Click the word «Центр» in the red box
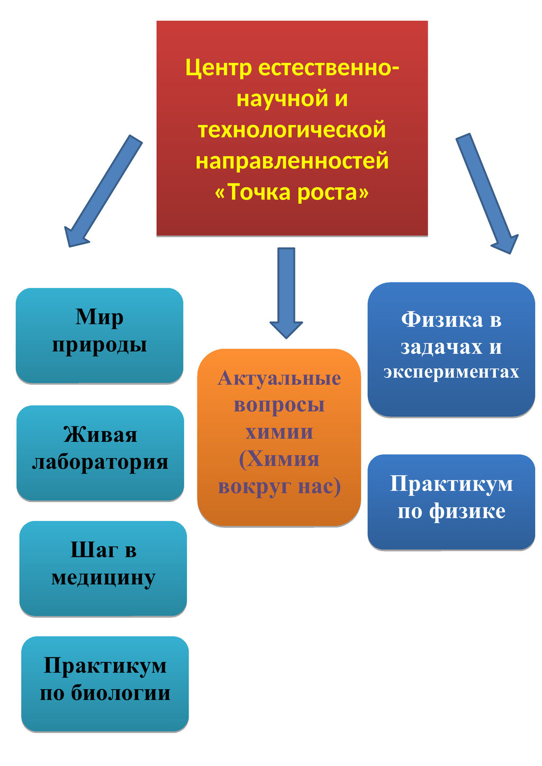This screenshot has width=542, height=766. tap(219, 68)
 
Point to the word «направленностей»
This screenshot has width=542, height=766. tap(292, 160)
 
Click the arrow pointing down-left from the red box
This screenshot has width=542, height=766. tap(103, 190)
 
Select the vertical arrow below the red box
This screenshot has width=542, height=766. tap(286, 293)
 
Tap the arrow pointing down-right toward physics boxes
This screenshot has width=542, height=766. tap(487, 194)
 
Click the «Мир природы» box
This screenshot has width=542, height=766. tap(100, 335)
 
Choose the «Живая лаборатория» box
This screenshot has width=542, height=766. tap(100, 453)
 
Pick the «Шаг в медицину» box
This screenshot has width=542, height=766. tap(103, 569)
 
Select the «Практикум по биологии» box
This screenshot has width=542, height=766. tap(105, 684)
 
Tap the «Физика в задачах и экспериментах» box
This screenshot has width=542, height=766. tap(451, 350)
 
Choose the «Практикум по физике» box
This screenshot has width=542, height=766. tap(451, 502)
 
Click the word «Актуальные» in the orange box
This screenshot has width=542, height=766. tap(279, 378)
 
